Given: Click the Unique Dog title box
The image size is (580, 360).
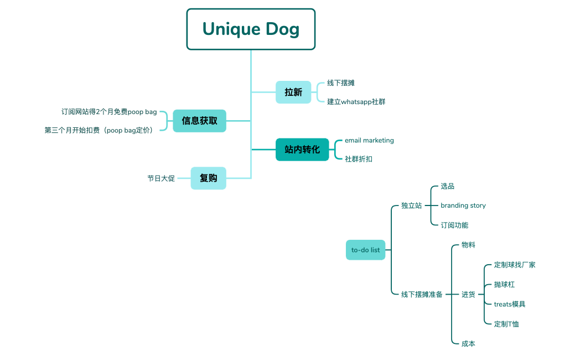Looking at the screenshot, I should [251, 29].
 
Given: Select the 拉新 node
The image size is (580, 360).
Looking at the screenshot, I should [293, 92].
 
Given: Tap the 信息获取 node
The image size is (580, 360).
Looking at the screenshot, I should [199, 120].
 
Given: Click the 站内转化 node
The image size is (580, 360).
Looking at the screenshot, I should [302, 150].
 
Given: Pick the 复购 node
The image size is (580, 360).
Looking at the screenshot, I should [208, 178].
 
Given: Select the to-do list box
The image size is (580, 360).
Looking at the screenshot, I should [365, 250].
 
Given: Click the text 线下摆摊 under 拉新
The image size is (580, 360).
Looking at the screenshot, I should [340, 83].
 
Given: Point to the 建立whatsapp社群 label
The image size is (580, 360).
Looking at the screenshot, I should [356, 102].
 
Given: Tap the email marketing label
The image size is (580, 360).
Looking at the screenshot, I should [369, 140].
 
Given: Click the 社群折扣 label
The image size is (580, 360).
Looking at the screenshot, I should [359, 159].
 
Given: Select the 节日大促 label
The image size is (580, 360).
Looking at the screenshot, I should [161, 178].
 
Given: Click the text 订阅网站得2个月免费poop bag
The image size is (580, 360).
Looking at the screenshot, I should [109, 111].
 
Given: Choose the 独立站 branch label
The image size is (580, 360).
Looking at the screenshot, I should [411, 205].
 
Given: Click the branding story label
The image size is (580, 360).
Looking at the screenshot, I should [463, 205].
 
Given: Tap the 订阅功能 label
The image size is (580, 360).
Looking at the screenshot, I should [454, 225].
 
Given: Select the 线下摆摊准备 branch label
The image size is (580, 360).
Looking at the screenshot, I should [422, 294].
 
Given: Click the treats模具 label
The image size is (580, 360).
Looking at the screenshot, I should [509, 304].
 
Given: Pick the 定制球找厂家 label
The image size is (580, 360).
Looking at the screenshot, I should [514, 265].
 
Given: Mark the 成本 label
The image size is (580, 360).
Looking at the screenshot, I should [468, 343].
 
